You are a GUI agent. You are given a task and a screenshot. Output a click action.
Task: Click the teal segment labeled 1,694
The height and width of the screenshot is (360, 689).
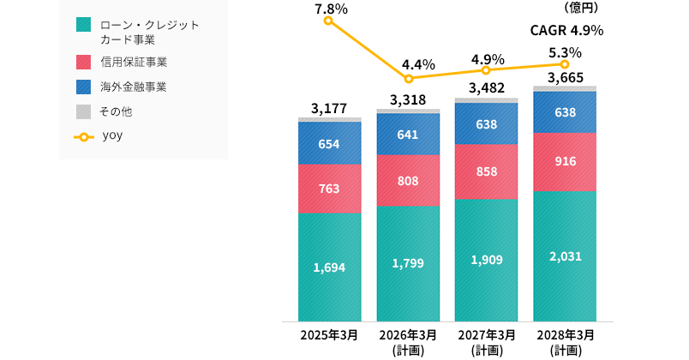pyautogui.click(x=329, y=267)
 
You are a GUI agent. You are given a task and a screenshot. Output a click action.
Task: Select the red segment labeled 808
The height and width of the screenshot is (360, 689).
pyautogui.click(x=407, y=181)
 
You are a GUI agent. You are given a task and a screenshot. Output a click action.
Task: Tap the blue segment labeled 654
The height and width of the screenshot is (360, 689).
pyautogui.click(x=329, y=143)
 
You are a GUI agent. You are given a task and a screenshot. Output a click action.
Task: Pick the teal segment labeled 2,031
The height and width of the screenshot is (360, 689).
pyautogui.click(x=564, y=256)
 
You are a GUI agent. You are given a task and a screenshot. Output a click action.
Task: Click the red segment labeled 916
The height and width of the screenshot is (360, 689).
pyautogui.click(x=564, y=162)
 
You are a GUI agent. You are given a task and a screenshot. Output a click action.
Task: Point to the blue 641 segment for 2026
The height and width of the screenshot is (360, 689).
pyautogui.click(x=407, y=134)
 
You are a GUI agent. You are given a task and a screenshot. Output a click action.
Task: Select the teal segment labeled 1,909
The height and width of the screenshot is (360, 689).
pyautogui.click(x=485, y=260)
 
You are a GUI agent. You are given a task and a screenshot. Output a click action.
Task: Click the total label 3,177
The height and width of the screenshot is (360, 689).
pyautogui.click(x=329, y=108)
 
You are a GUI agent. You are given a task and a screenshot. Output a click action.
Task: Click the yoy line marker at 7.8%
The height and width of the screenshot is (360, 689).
pyautogui.click(x=329, y=21)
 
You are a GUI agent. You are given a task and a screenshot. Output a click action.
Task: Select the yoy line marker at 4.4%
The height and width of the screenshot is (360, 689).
pyautogui.click(x=409, y=79)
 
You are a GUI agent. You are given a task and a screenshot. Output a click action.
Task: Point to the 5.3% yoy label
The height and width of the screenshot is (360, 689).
pyautogui.click(x=564, y=51)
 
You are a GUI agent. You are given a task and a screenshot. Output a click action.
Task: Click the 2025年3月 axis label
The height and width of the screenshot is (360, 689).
pyautogui.click(x=329, y=334)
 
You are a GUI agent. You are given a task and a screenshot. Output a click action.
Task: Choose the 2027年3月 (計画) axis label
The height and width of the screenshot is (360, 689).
pyautogui.click(x=486, y=341)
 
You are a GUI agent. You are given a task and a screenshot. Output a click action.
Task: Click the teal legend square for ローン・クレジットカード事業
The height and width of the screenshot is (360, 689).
pyautogui.click(x=82, y=25)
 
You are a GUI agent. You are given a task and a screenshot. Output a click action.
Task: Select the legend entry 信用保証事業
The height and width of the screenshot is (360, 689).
pyautogui.click(x=133, y=62)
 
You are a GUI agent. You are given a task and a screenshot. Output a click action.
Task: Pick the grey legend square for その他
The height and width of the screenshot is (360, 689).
pyautogui.click(x=82, y=111)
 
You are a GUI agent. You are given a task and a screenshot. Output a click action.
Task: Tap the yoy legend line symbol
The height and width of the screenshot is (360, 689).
pyautogui.click(x=83, y=135)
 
